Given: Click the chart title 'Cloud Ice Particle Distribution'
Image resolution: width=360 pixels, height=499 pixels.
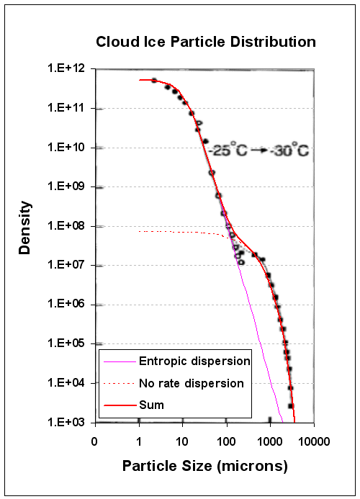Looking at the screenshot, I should (206, 42).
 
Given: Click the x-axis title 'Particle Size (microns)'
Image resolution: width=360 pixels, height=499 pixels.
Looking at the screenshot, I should (206, 466).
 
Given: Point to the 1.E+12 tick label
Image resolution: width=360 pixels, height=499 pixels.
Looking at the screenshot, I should (66, 68).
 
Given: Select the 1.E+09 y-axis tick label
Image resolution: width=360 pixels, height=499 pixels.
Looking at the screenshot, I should (66, 186).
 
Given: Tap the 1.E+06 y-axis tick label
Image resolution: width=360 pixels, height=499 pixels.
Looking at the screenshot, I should (66, 304).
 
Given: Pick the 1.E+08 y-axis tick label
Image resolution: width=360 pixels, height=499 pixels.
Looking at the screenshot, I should (66, 225).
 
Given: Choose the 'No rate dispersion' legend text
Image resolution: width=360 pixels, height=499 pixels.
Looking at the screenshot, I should (194, 383).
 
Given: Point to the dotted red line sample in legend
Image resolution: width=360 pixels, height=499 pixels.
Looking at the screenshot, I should (121, 383).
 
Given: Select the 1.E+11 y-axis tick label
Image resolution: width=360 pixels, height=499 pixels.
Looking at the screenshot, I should (66, 108).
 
